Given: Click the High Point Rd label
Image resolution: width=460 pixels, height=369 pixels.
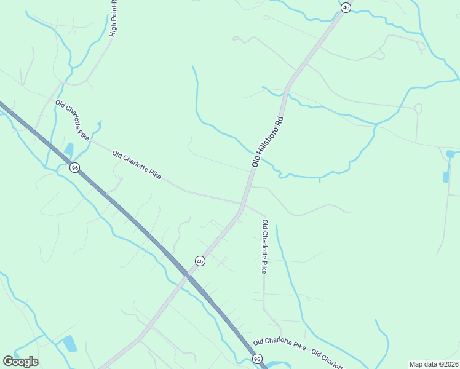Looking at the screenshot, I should click(x=113, y=18).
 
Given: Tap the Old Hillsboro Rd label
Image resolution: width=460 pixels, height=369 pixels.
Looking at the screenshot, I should click(x=270, y=141).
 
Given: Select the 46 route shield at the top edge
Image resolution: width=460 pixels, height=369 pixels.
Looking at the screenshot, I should click(x=346, y=7).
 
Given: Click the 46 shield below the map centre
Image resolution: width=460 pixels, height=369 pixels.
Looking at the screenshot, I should click(x=200, y=261).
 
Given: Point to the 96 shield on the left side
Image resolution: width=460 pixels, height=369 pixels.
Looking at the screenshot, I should click(x=74, y=168).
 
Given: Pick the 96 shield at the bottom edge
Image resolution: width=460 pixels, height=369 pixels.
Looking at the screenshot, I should click(x=257, y=359).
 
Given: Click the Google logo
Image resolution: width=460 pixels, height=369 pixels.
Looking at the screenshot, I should click(x=20, y=361).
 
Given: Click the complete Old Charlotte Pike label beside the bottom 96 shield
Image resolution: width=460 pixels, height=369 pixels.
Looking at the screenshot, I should click(x=279, y=342).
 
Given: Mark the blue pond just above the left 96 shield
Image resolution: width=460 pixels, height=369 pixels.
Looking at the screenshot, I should click(x=69, y=149).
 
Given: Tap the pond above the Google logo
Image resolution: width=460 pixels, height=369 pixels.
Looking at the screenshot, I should click(x=70, y=343).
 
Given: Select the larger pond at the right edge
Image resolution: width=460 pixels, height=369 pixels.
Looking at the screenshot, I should click(x=451, y=154).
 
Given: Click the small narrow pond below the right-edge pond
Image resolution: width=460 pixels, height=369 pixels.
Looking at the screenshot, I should click(x=446, y=177).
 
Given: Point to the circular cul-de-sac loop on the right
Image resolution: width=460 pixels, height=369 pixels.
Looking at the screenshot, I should click(x=418, y=109).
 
